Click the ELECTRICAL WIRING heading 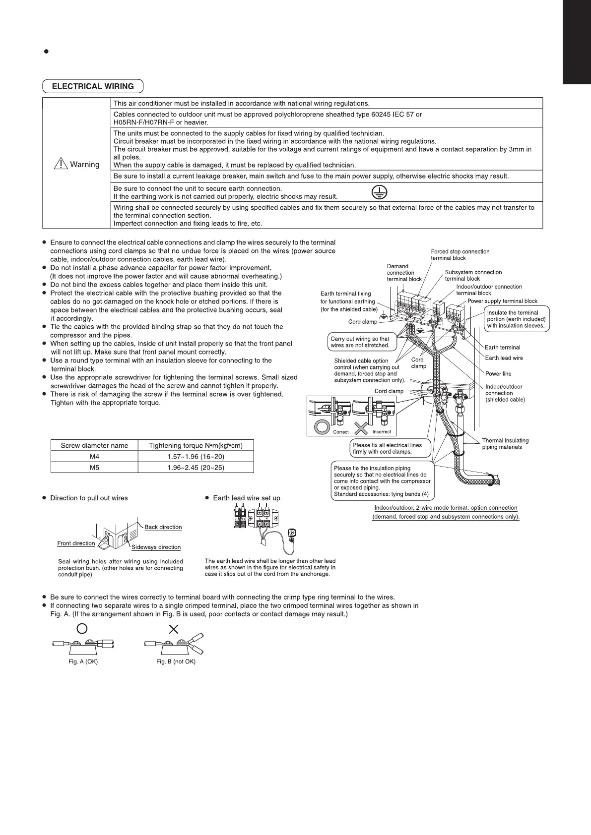tap(93, 86)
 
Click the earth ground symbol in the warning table tap(380, 192)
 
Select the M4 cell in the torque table tap(94, 456)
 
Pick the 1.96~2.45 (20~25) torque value tap(196, 467)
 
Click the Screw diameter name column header tap(94, 445)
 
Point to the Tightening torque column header tap(196, 445)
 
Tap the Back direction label tap(163, 527)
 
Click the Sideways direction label tap(156, 547)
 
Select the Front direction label tap(76, 543)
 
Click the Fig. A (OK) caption tap(83, 662)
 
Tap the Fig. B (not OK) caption tap(176, 662)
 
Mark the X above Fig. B tap(174, 629)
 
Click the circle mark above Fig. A tap(83, 629)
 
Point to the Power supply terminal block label tap(502, 301)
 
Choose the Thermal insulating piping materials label tap(505, 444)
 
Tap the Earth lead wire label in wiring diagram tap(504, 358)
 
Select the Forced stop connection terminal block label tap(460, 255)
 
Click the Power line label tap(498, 374)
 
